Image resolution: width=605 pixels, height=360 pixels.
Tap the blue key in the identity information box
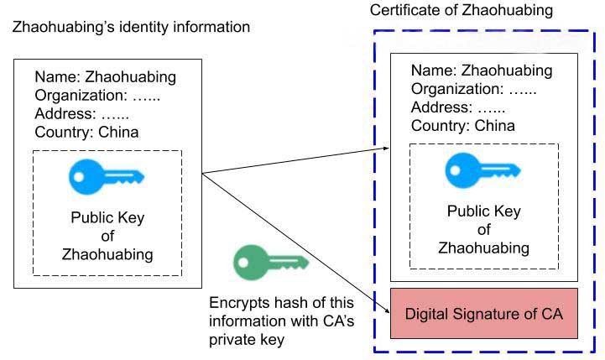pyautogui.click(x=106, y=177)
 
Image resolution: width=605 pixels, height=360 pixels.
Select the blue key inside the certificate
pyautogui.click(x=482, y=170)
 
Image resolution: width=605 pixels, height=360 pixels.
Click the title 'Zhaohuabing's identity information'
pyautogui.click(x=131, y=28)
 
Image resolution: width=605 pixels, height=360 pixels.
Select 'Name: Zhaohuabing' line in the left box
pyautogui.click(x=106, y=77)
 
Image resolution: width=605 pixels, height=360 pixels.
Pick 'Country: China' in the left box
pyautogui.click(x=86, y=132)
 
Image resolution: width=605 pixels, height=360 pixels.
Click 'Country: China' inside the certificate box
pyautogui.click(x=463, y=126)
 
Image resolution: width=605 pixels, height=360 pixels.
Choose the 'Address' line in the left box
pyautogui.click(x=81, y=114)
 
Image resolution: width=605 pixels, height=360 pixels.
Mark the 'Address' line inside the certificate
pyautogui.click(x=458, y=107)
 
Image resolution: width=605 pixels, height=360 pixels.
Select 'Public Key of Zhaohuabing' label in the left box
pyautogui.click(x=107, y=236)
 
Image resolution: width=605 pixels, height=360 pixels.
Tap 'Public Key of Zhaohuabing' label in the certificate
pyautogui.click(x=484, y=229)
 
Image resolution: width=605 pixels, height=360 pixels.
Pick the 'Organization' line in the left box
pyautogui.click(x=97, y=96)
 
